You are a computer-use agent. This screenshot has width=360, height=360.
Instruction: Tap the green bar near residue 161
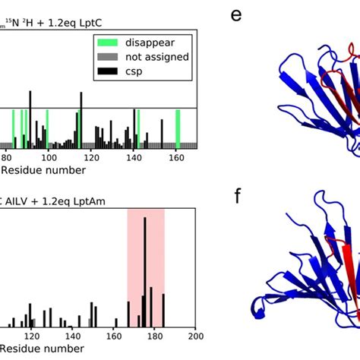[178, 129]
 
